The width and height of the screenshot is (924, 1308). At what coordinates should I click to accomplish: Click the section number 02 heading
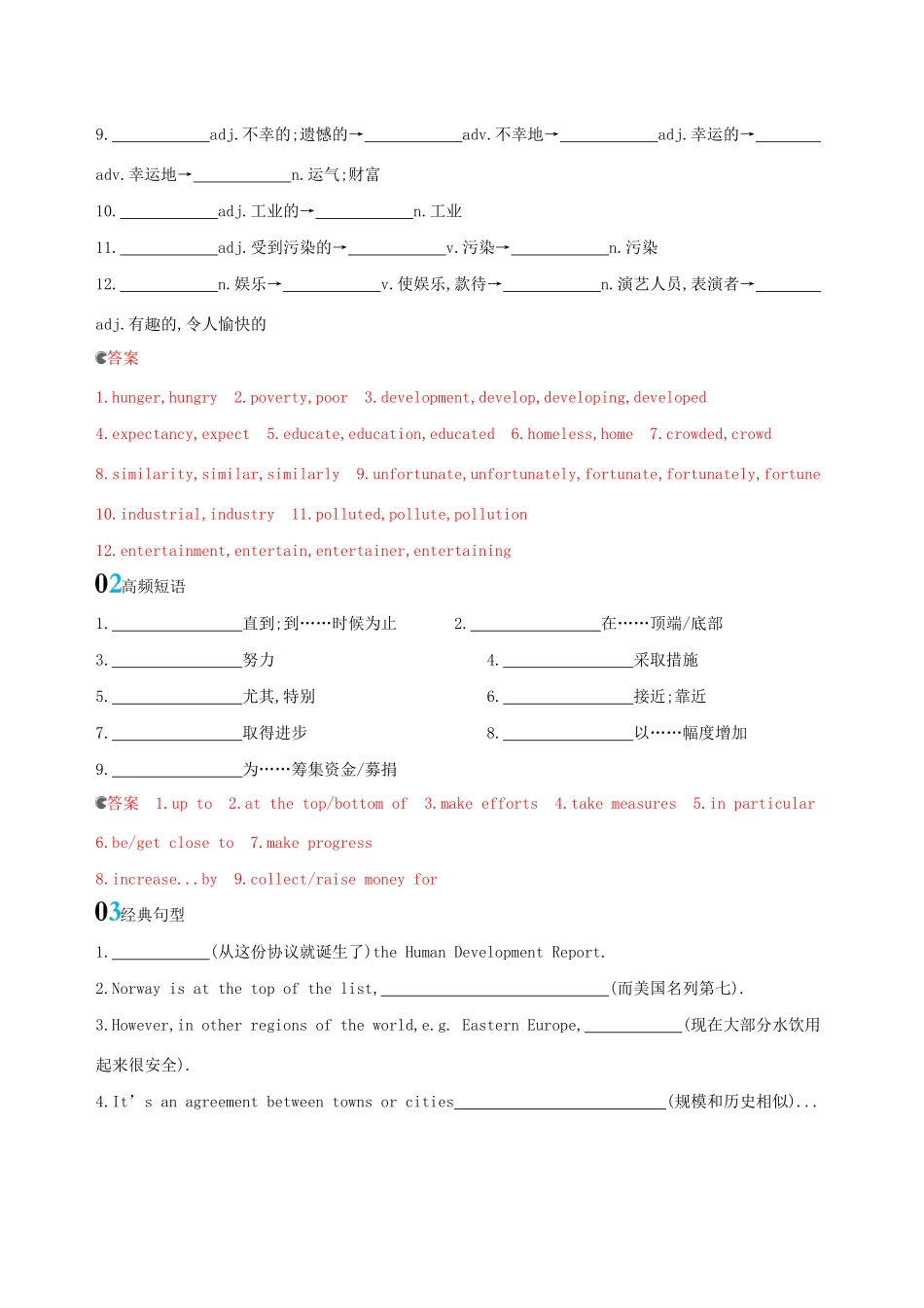coord(108,584)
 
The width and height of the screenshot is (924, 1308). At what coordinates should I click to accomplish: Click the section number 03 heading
coord(108,912)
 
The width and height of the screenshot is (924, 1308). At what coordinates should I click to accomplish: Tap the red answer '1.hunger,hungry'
coord(157,398)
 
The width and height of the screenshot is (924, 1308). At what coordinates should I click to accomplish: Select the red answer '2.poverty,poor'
coord(291,398)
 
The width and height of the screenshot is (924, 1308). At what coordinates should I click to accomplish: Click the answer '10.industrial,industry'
coord(185,515)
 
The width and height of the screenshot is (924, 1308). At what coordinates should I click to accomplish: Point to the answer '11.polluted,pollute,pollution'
coord(409,515)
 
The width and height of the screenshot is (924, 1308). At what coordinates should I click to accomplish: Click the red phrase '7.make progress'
coord(311,844)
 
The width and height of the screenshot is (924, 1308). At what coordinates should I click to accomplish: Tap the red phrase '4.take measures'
coord(616,804)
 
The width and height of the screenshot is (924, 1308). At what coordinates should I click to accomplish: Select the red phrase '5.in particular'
coord(754,804)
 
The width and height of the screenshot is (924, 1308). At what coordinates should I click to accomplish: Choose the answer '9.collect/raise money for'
coord(336,880)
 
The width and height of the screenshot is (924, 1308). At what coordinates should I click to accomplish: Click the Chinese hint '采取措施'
coord(666,660)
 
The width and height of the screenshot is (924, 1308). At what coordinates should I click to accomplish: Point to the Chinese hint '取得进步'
coord(275,733)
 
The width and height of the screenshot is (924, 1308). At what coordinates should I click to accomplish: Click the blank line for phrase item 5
coord(177,698)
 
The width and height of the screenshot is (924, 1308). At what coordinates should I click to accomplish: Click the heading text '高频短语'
coord(154,586)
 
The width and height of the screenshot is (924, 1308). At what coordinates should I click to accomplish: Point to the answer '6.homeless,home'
coord(572,435)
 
